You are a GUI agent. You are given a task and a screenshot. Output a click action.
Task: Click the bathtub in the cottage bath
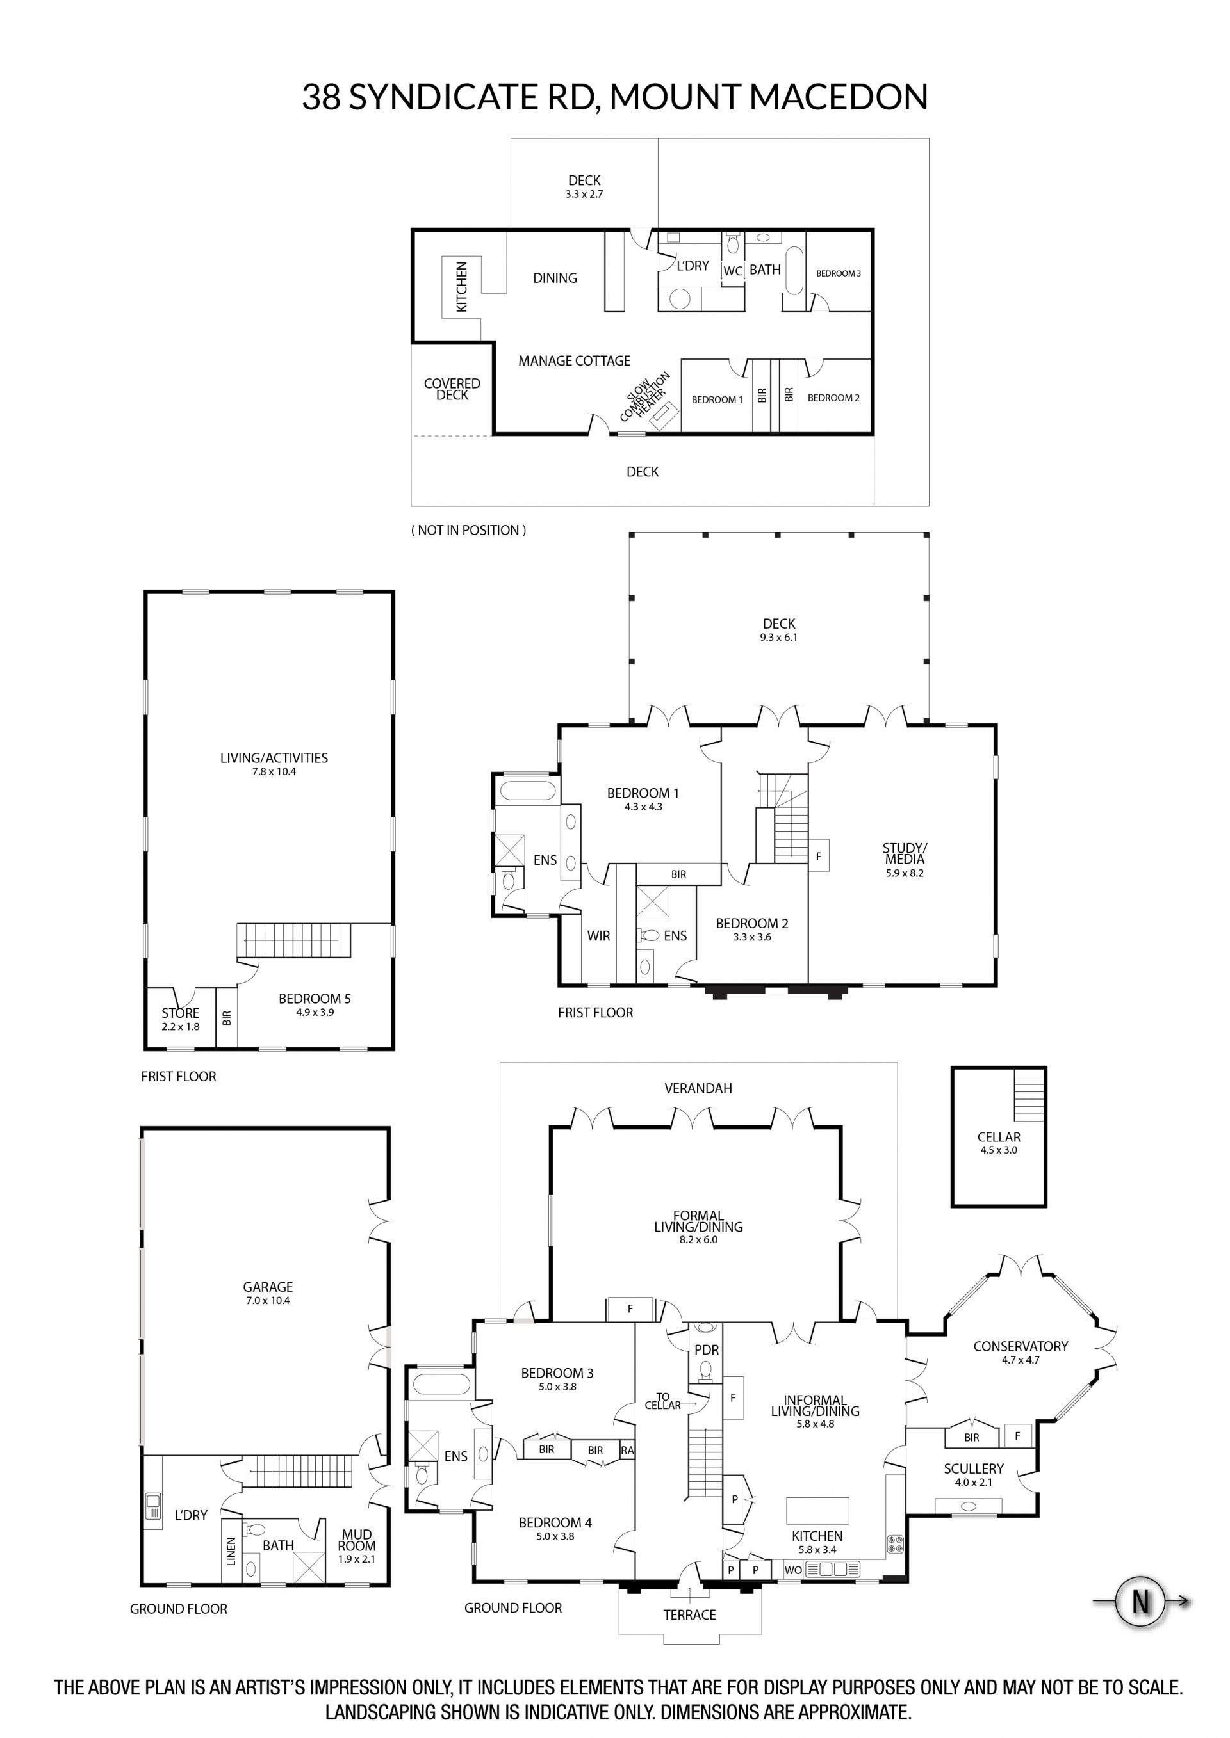pos(794,270)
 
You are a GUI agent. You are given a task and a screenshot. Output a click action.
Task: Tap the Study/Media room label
pos(905,860)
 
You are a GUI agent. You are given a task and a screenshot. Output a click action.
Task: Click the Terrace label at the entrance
pos(690,1615)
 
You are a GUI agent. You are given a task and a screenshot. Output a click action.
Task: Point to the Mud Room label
pos(357,1547)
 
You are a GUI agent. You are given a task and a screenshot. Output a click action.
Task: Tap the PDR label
pos(707,1349)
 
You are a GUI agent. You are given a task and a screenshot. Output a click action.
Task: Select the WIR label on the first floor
pos(598,937)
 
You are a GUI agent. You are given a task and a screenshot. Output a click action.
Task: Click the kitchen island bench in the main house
pos(817,1511)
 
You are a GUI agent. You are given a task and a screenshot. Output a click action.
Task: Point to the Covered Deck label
pos(452,389)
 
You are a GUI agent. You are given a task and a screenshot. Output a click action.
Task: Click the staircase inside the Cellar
pos(1029,1096)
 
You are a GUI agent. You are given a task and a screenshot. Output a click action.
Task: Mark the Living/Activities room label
pos(274,764)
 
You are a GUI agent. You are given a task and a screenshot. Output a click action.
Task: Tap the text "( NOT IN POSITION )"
pos(469,530)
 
